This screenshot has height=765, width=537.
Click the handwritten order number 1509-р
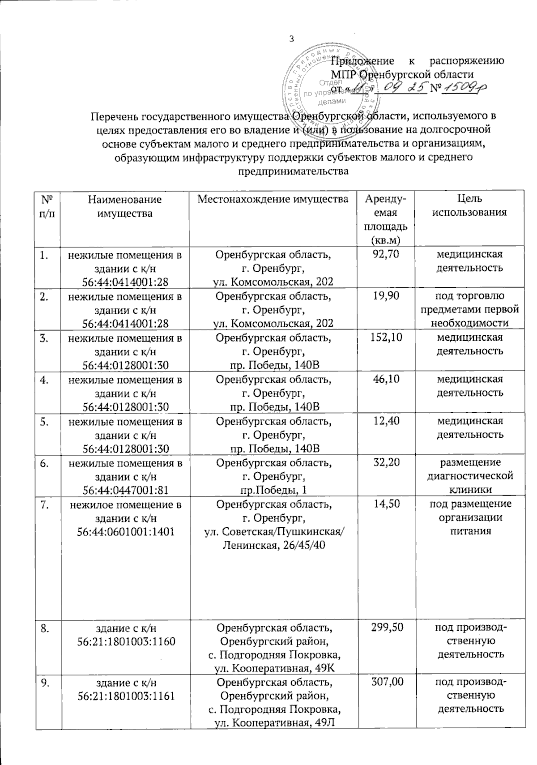tap(464, 89)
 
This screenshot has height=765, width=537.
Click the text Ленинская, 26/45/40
tap(273, 545)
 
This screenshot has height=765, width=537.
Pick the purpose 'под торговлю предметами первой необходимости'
tap(469, 310)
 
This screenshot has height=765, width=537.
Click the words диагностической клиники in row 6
tap(469, 483)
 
